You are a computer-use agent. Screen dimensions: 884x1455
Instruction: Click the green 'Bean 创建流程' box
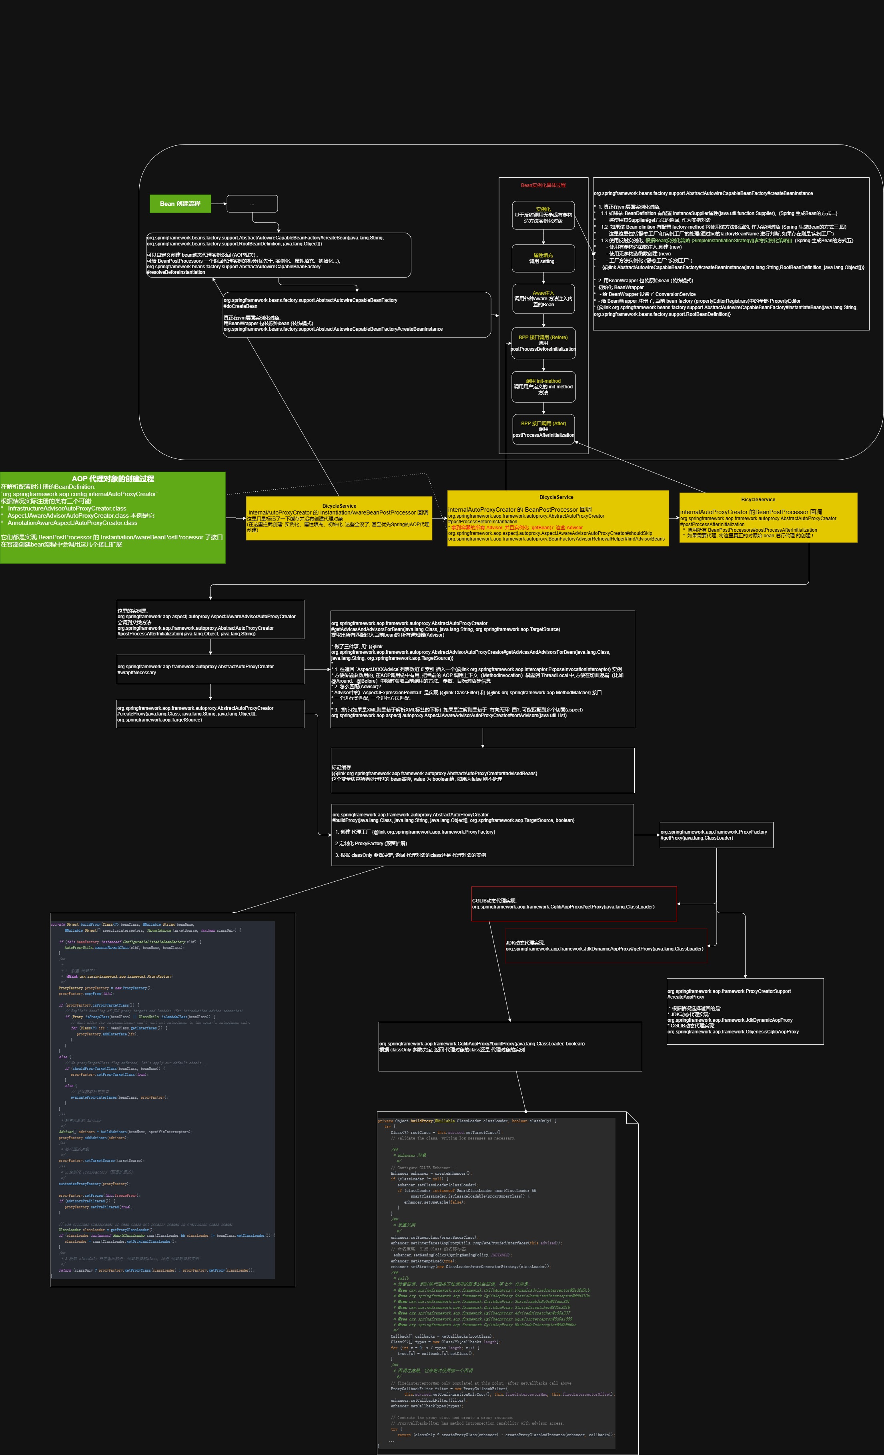(x=180, y=204)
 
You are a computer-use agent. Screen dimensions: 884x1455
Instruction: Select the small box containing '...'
(x=252, y=204)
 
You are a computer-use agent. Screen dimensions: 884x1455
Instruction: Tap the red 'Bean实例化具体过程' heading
(x=543, y=185)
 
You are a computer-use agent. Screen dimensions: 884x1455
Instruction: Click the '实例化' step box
(x=543, y=215)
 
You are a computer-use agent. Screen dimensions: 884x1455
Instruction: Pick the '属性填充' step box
(x=543, y=259)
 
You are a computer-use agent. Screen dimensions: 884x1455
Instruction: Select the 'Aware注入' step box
(x=543, y=299)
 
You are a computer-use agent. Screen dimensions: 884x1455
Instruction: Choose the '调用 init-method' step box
(x=543, y=387)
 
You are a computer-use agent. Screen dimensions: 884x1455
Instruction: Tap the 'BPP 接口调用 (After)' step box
(x=543, y=429)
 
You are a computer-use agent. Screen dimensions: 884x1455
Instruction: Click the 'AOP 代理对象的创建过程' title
(x=113, y=479)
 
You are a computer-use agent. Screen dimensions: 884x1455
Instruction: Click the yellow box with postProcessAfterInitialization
(x=768, y=518)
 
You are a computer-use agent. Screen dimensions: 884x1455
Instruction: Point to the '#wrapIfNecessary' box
(x=210, y=669)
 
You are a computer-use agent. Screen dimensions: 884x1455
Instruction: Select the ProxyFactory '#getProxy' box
(x=716, y=835)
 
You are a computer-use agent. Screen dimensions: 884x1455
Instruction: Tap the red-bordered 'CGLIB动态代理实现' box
(x=573, y=904)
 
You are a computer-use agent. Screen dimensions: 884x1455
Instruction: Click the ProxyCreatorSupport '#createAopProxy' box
(x=745, y=1011)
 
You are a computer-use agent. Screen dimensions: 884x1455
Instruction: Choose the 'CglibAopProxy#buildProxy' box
(x=510, y=1046)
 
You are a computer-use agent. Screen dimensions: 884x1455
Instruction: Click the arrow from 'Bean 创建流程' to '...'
(x=218, y=204)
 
